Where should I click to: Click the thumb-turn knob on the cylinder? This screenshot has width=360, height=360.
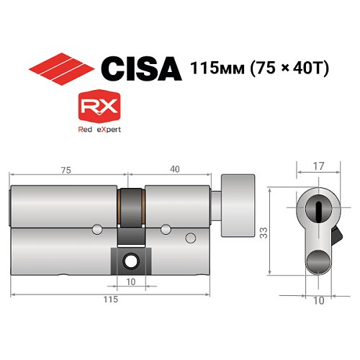[237, 205]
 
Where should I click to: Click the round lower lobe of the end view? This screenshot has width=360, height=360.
[317, 263]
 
